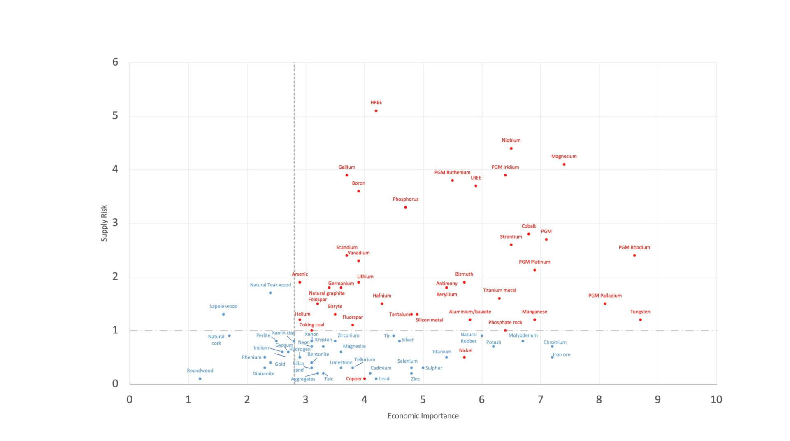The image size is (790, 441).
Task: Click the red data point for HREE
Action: (376, 111)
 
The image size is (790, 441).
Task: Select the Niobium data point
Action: (511, 148)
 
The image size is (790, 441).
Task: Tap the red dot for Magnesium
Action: (564, 164)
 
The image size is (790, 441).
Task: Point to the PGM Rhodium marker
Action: (634, 256)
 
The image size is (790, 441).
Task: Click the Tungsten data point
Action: (640, 320)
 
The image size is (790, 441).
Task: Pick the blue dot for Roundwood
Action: (200, 378)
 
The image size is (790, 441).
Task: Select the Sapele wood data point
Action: (223, 314)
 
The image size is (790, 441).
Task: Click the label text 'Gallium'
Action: (347, 167)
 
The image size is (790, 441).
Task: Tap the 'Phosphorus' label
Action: (405, 199)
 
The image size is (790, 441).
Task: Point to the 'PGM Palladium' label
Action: (605, 296)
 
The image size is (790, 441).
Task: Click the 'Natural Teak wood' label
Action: (270, 285)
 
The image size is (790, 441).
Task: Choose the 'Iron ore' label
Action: (562, 354)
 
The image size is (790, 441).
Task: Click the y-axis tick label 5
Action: (115, 116)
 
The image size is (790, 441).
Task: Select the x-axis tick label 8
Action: (599, 399)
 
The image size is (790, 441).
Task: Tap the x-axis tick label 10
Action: (716, 399)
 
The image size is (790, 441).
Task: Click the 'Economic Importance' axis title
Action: (423, 416)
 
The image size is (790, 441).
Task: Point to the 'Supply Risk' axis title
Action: (104, 223)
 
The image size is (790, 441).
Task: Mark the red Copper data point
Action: (365, 378)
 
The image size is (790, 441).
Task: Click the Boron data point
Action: (358, 191)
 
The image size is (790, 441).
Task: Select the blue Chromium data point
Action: (552, 347)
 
